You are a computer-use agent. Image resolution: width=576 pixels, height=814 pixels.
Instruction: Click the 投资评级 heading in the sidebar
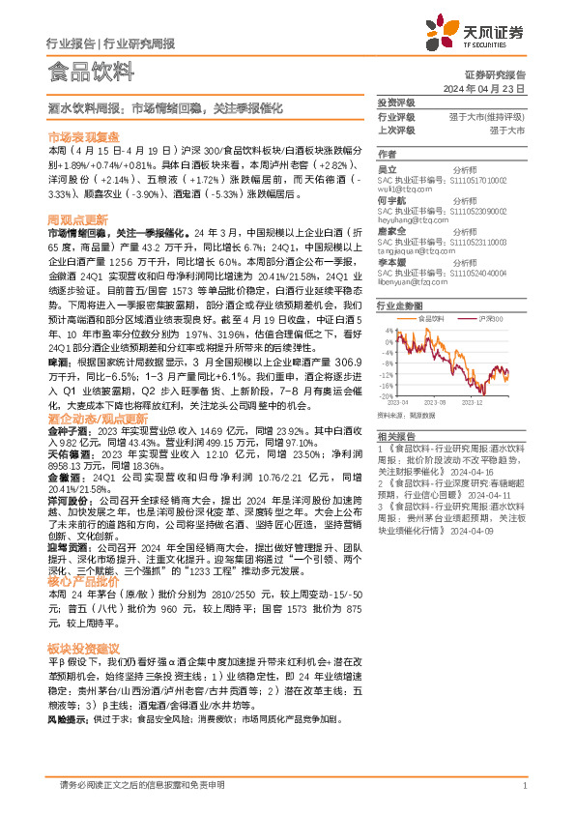(395, 102)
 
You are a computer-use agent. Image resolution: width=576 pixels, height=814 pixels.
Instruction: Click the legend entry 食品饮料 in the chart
(433, 316)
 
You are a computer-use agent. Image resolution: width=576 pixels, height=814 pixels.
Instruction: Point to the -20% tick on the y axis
(386, 394)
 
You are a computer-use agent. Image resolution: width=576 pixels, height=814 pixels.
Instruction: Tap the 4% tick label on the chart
(388, 330)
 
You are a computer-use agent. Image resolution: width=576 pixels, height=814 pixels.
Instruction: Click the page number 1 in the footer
(523, 786)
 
